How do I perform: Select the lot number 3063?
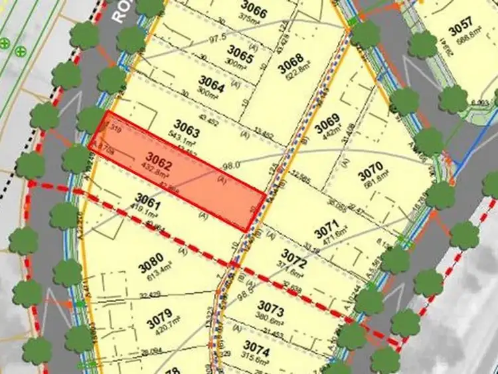(x=187, y=124)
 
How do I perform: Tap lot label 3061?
(x=149, y=197)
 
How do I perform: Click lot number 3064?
(x=212, y=85)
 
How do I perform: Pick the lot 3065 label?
(x=240, y=51)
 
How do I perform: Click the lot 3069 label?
(x=327, y=124)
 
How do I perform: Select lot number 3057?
(x=461, y=30)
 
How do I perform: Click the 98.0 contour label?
(x=232, y=165)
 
